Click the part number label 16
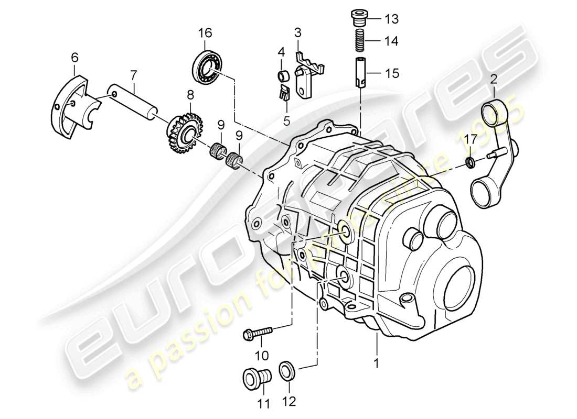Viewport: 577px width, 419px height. point(205,33)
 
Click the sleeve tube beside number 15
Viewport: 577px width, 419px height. point(360,73)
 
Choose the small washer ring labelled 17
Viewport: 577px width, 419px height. point(470,163)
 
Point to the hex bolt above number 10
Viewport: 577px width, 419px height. point(258,332)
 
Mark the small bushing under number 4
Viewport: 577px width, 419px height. point(283,76)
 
